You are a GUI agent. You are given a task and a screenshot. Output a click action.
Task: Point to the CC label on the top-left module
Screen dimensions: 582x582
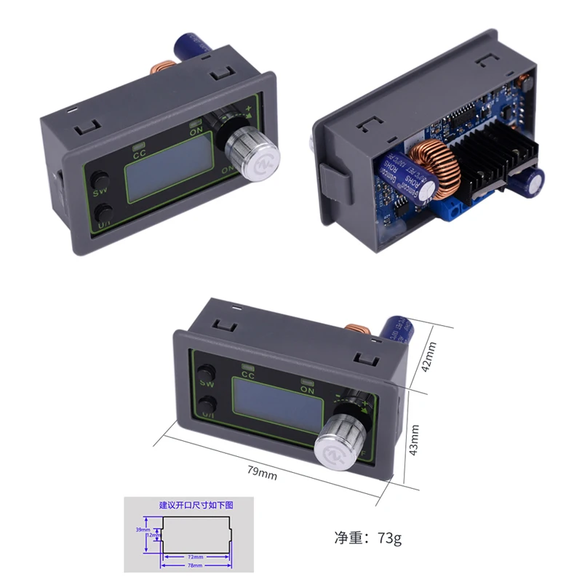[141, 153]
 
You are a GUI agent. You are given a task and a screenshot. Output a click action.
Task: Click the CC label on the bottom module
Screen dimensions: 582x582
[247, 376]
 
